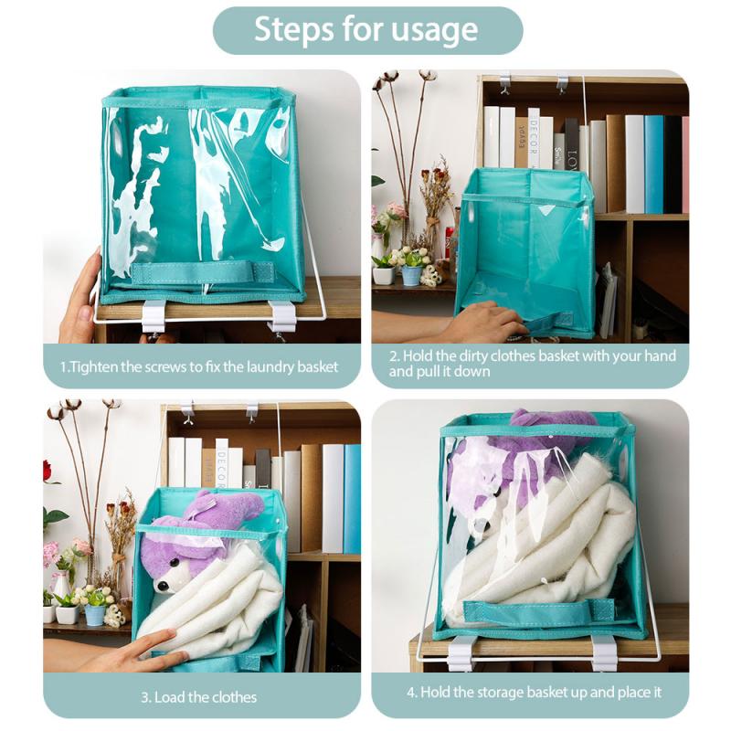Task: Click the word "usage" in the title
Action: (430, 31)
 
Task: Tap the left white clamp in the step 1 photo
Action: (153, 316)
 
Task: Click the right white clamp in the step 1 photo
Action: (282, 316)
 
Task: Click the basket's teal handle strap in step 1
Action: (203, 272)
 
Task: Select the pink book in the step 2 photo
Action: (684, 164)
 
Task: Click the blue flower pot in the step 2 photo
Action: (411, 274)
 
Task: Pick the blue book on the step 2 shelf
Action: (654, 164)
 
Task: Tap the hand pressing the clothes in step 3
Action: (152, 649)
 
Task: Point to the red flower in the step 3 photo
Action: (48, 471)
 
